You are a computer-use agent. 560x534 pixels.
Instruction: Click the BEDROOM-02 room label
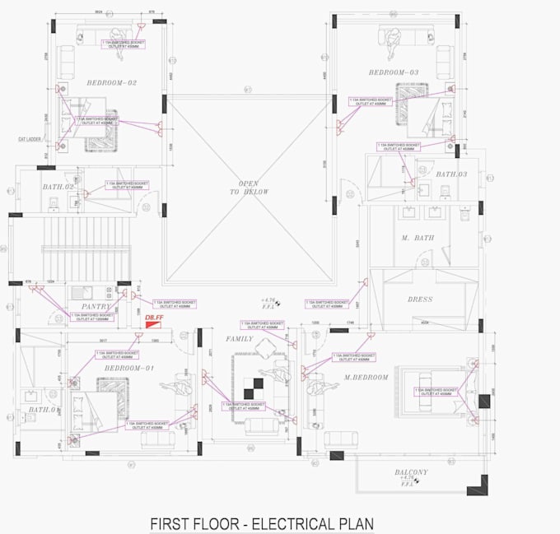coord(111,82)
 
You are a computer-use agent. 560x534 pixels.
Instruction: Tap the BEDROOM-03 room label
coord(394,73)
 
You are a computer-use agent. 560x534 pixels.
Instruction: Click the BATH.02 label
coord(59,188)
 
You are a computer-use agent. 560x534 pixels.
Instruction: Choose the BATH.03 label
coord(451,174)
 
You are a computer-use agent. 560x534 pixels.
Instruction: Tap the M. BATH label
coord(418,238)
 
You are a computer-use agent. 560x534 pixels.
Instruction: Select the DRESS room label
coord(419,300)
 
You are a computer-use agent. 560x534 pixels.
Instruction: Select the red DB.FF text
coord(153,317)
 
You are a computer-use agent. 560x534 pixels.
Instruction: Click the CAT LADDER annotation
coord(30,139)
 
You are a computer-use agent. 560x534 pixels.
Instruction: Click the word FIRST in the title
coord(170,523)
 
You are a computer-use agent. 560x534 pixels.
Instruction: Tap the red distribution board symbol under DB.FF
coord(152,326)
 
